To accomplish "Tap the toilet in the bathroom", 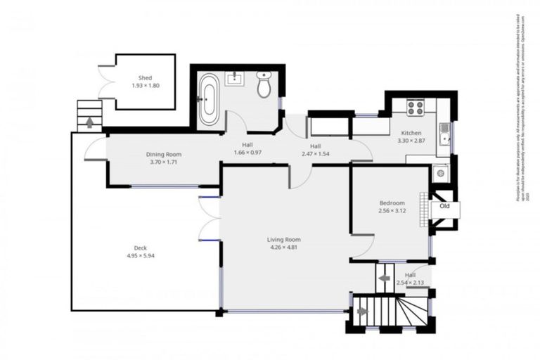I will click(x=264, y=84).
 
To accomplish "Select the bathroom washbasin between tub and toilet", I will click(x=233, y=78).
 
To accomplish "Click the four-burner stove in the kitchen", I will click(x=415, y=108).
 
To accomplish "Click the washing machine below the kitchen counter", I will click(x=439, y=172).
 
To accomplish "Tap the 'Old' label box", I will click(x=444, y=207).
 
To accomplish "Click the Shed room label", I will click(x=145, y=78).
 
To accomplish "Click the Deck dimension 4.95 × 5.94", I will click(x=136, y=255).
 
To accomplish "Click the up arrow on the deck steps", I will click(x=90, y=122).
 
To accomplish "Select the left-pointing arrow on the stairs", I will click(x=385, y=278).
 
